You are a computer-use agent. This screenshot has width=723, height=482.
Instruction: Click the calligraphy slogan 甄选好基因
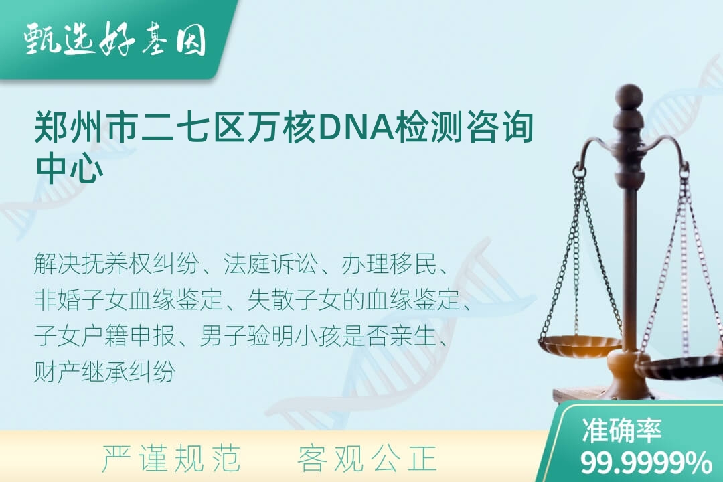point(115,40)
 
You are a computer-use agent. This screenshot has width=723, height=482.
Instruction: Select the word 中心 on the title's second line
point(69,168)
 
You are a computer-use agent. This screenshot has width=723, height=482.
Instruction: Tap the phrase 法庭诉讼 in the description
point(270,264)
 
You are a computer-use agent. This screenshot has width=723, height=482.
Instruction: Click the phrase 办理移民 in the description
point(389,264)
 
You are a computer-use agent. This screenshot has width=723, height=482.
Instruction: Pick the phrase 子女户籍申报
point(104,335)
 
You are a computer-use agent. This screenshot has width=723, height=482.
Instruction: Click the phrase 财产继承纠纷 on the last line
point(104,371)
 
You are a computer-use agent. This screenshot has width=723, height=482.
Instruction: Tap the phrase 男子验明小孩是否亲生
point(318,335)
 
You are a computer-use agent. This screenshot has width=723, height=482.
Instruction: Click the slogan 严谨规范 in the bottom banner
point(171,458)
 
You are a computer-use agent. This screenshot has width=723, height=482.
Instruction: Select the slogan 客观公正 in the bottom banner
point(368,458)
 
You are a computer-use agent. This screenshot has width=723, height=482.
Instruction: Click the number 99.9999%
point(646,463)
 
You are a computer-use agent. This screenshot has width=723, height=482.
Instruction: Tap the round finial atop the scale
point(629,96)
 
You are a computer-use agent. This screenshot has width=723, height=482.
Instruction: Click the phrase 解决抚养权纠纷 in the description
point(116,264)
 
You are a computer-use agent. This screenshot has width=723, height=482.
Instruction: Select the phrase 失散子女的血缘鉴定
point(353,300)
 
